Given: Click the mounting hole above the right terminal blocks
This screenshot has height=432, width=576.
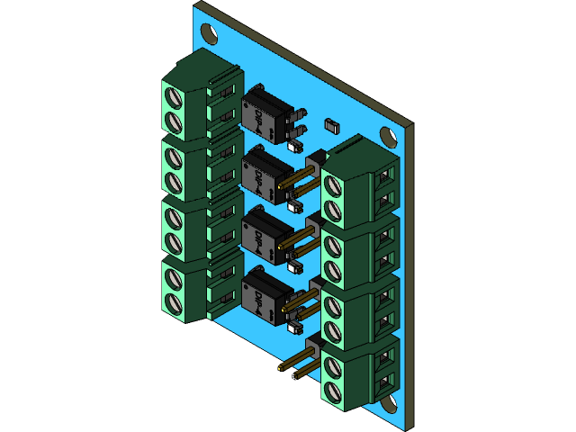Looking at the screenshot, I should (389, 137).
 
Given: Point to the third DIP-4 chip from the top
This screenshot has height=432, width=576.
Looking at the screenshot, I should (263, 233).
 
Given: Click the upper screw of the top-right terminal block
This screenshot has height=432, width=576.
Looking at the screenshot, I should (332, 186).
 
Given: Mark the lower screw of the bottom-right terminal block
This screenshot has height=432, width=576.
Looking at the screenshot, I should (332, 390).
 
